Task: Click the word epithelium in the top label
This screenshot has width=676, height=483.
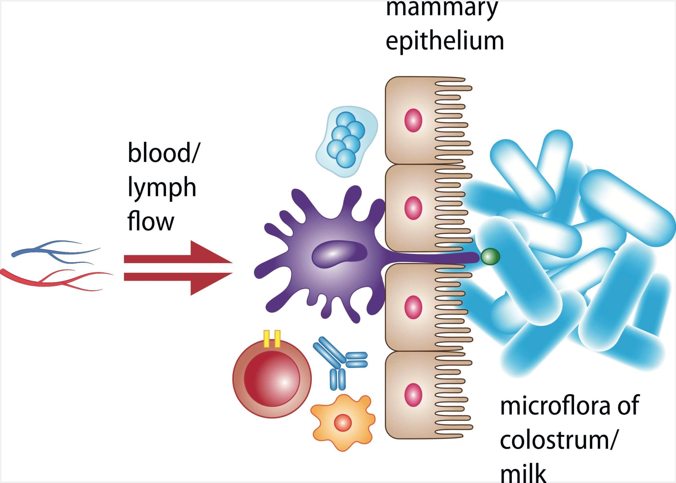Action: point(445,42)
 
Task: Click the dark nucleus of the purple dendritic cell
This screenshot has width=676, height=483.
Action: point(339,254)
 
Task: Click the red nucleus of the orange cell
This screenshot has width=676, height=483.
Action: point(343,422)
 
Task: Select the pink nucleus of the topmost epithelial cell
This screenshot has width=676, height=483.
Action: point(413,121)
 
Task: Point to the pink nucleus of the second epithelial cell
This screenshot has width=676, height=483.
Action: point(413,208)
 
